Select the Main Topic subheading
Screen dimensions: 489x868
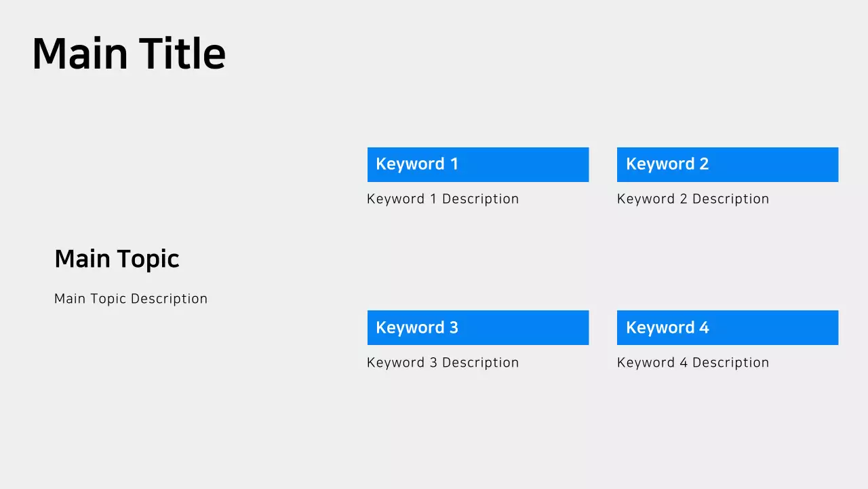[117, 259]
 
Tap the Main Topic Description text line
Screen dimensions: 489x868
[131, 299]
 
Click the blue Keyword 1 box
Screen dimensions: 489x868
[478, 164]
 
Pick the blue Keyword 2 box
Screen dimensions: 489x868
[728, 164]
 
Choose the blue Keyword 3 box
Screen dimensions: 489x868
[478, 328]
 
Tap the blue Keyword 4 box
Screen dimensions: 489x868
[728, 328]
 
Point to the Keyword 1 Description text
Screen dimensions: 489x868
[443, 199]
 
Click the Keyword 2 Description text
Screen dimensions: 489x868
[693, 199]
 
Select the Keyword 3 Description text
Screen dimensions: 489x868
[443, 363]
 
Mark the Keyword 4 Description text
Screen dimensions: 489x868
[693, 363]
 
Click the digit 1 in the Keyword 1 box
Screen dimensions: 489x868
[454, 164]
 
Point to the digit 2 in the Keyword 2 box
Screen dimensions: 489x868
[704, 164]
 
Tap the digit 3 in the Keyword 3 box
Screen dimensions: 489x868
[454, 328]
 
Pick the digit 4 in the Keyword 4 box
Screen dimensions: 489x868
[704, 328]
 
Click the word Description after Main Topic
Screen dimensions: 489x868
[169, 299]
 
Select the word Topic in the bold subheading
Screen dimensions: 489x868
[148, 259]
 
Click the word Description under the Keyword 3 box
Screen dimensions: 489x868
[480, 363]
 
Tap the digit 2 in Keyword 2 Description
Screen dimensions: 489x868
[683, 199]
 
